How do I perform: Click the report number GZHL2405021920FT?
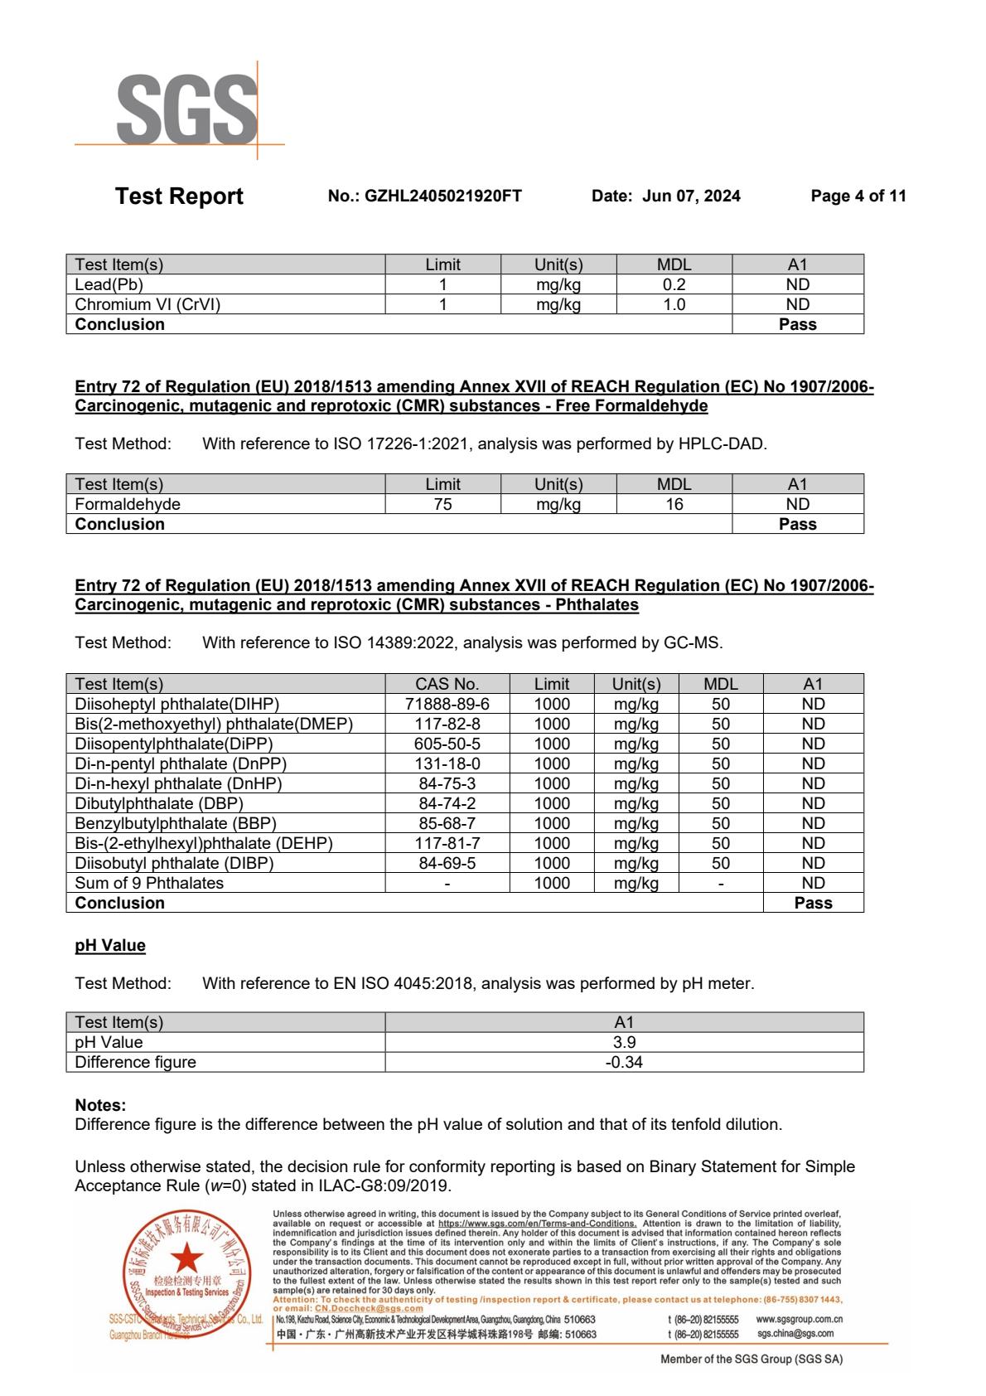pyautogui.click(x=442, y=196)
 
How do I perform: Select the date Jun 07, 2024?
pyautogui.click(x=691, y=196)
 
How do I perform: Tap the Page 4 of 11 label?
pyautogui.click(x=858, y=196)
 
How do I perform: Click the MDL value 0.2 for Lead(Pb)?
pyautogui.click(x=674, y=285)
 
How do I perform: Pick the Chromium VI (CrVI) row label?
pyautogui.click(x=147, y=305)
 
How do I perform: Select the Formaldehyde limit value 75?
pyautogui.click(x=442, y=505)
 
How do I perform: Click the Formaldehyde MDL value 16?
pyautogui.click(x=674, y=505)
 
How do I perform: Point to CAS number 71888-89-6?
pyautogui.click(x=447, y=705)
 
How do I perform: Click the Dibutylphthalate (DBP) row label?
pyautogui.click(x=159, y=804)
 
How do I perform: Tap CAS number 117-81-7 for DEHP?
pyautogui.click(x=447, y=844)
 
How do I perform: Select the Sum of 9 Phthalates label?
pyautogui.click(x=149, y=884)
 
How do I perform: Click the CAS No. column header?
pyautogui.click(x=447, y=685)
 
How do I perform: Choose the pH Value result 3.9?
pyautogui.click(x=624, y=1043)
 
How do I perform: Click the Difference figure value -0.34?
pyautogui.click(x=624, y=1063)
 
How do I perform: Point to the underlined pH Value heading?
pyautogui.click(x=110, y=946)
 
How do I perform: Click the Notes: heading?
pyautogui.click(x=100, y=1106)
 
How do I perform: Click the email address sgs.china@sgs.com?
pyautogui.click(x=795, y=1334)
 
